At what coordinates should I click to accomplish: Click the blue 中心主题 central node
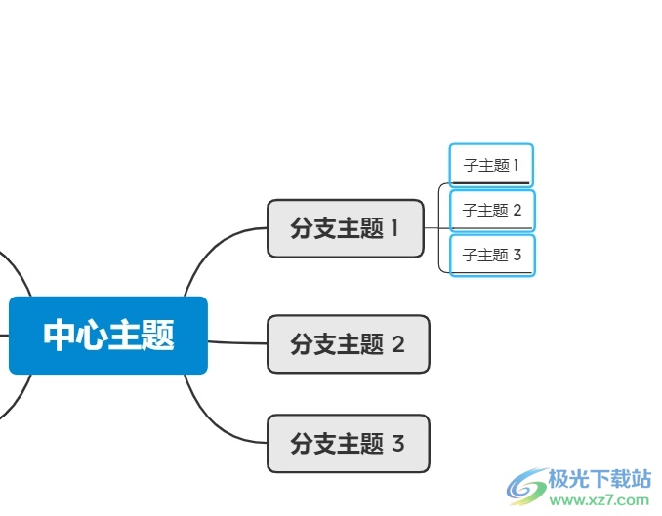click(x=108, y=336)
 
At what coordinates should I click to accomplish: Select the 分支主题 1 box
click(x=345, y=228)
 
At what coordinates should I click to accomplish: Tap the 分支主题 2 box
click(x=348, y=343)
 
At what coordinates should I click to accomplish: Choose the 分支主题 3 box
click(x=348, y=443)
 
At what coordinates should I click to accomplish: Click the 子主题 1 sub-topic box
click(x=491, y=165)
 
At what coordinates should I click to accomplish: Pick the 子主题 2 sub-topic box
click(x=492, y=210)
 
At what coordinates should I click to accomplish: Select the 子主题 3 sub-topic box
click(x=492, y=255)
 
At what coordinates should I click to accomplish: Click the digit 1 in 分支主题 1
click(x=394, y=228)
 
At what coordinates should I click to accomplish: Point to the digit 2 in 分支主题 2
click(x=397, y=343)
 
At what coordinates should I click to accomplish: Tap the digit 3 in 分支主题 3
click(x=397, y=443)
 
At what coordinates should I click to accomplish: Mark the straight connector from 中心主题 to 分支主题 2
click(x=237, y=342)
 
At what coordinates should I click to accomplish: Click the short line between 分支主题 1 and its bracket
click(x=432, y=228)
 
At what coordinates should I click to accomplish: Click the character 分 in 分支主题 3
click(x=301, y=443)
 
